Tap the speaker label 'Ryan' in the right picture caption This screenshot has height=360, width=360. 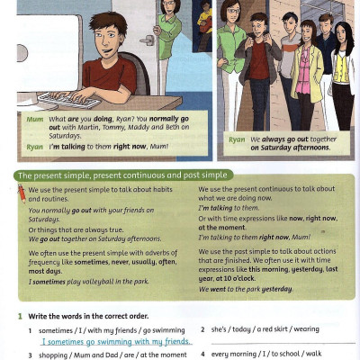point(237,140)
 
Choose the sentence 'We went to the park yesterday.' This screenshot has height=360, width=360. point(246,289)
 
